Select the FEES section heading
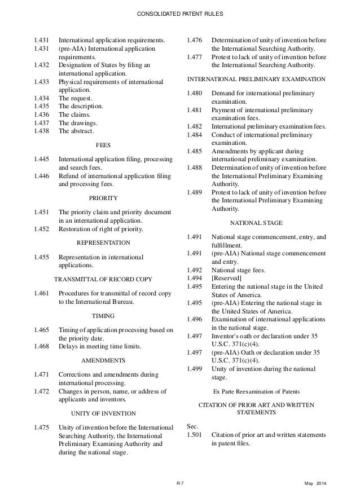coord(103,145)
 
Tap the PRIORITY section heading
coord(103,198)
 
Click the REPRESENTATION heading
coord(103,242)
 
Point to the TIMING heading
coord(103,316)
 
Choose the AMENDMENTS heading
coord(103,360)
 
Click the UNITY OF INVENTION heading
coord(103,413)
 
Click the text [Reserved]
coord(226,278)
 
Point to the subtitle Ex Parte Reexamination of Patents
coord(257,391)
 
